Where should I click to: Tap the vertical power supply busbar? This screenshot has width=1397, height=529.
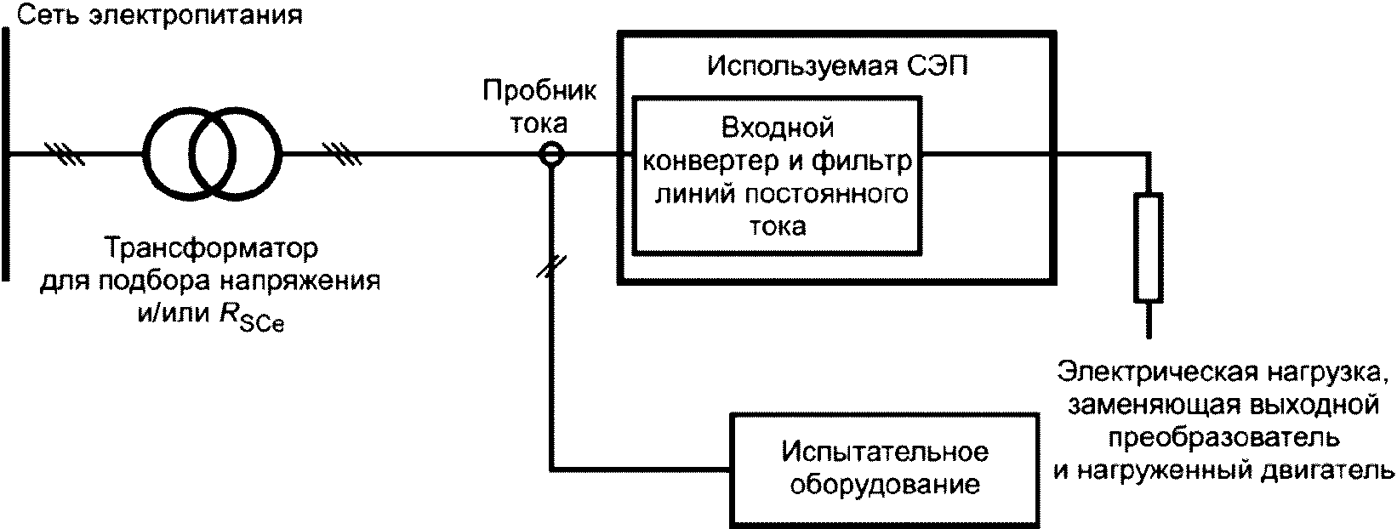coord(7,153)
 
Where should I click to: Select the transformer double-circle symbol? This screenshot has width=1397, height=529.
coord(212,154)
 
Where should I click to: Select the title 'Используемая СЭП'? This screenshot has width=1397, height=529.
coord(837,65)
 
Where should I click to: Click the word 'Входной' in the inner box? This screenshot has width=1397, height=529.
coord(778,128)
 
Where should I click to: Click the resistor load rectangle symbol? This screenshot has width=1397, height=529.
coord(1148,247)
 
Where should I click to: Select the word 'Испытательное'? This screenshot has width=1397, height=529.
coord(885,450)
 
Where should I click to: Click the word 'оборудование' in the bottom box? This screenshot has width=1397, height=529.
coord(885,484)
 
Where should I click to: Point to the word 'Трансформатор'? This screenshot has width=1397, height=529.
coord(210,249)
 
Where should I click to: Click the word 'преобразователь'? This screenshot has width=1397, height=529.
coord(1223,437)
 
